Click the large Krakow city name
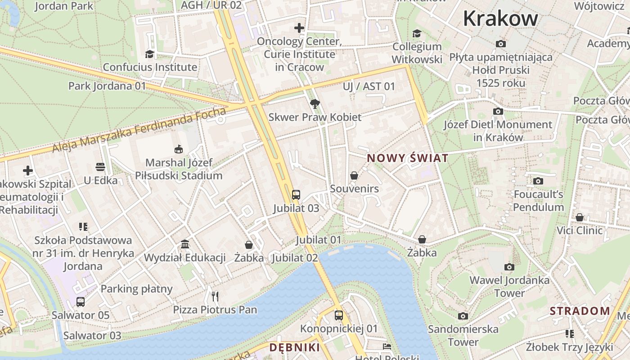click(x=500, y=19)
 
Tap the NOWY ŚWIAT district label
click(x=408, y=158)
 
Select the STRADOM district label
click(x=580, y=311)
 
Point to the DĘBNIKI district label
click(x=295, y=347)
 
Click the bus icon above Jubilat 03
click(x=296, y=194)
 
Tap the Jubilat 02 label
click(x=295, y=258)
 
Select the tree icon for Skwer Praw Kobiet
click(x=315, y=104)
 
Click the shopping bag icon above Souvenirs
click(x=354, y=175)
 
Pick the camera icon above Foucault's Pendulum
click(x=538, y=181)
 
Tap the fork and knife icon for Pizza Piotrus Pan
click(x=215, y=296)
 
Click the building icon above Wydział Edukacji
click(x=184, y=244)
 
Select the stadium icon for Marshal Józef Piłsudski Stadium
click(x=179, y=149)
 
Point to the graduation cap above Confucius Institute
click(x=149, y=54)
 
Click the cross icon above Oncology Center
click(x=299, y=28)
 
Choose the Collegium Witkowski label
click(x=417, y=53)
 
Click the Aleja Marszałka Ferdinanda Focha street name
click(x=139, y=129)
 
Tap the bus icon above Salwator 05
click(x=81, y=301)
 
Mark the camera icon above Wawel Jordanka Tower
click(x=509, y=267)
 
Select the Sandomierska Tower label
click(x=463, y=335)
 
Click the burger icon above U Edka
click(x=100, y=167)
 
